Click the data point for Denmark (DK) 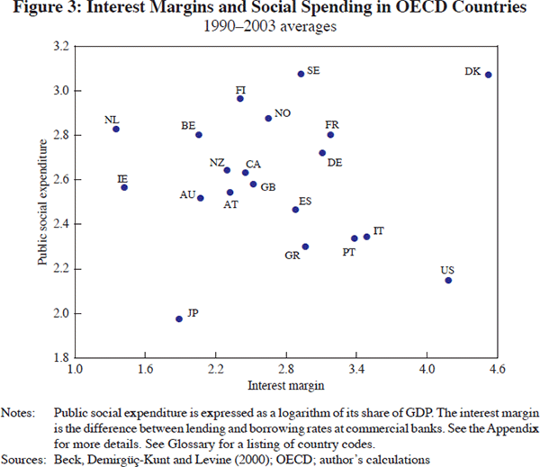(x=488, y=75)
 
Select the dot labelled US (x=448, y=281)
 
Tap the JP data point (x=179, y=319)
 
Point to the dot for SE (x=301, y=74)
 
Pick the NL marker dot (x=116, y=129)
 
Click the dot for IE (x=124, y=187)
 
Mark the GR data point (x=305, y=247)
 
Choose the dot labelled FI (x=240, y=98)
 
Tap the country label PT (x=349, y=253)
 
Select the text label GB (x=268, y=187)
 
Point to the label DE (x=335, y=163)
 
